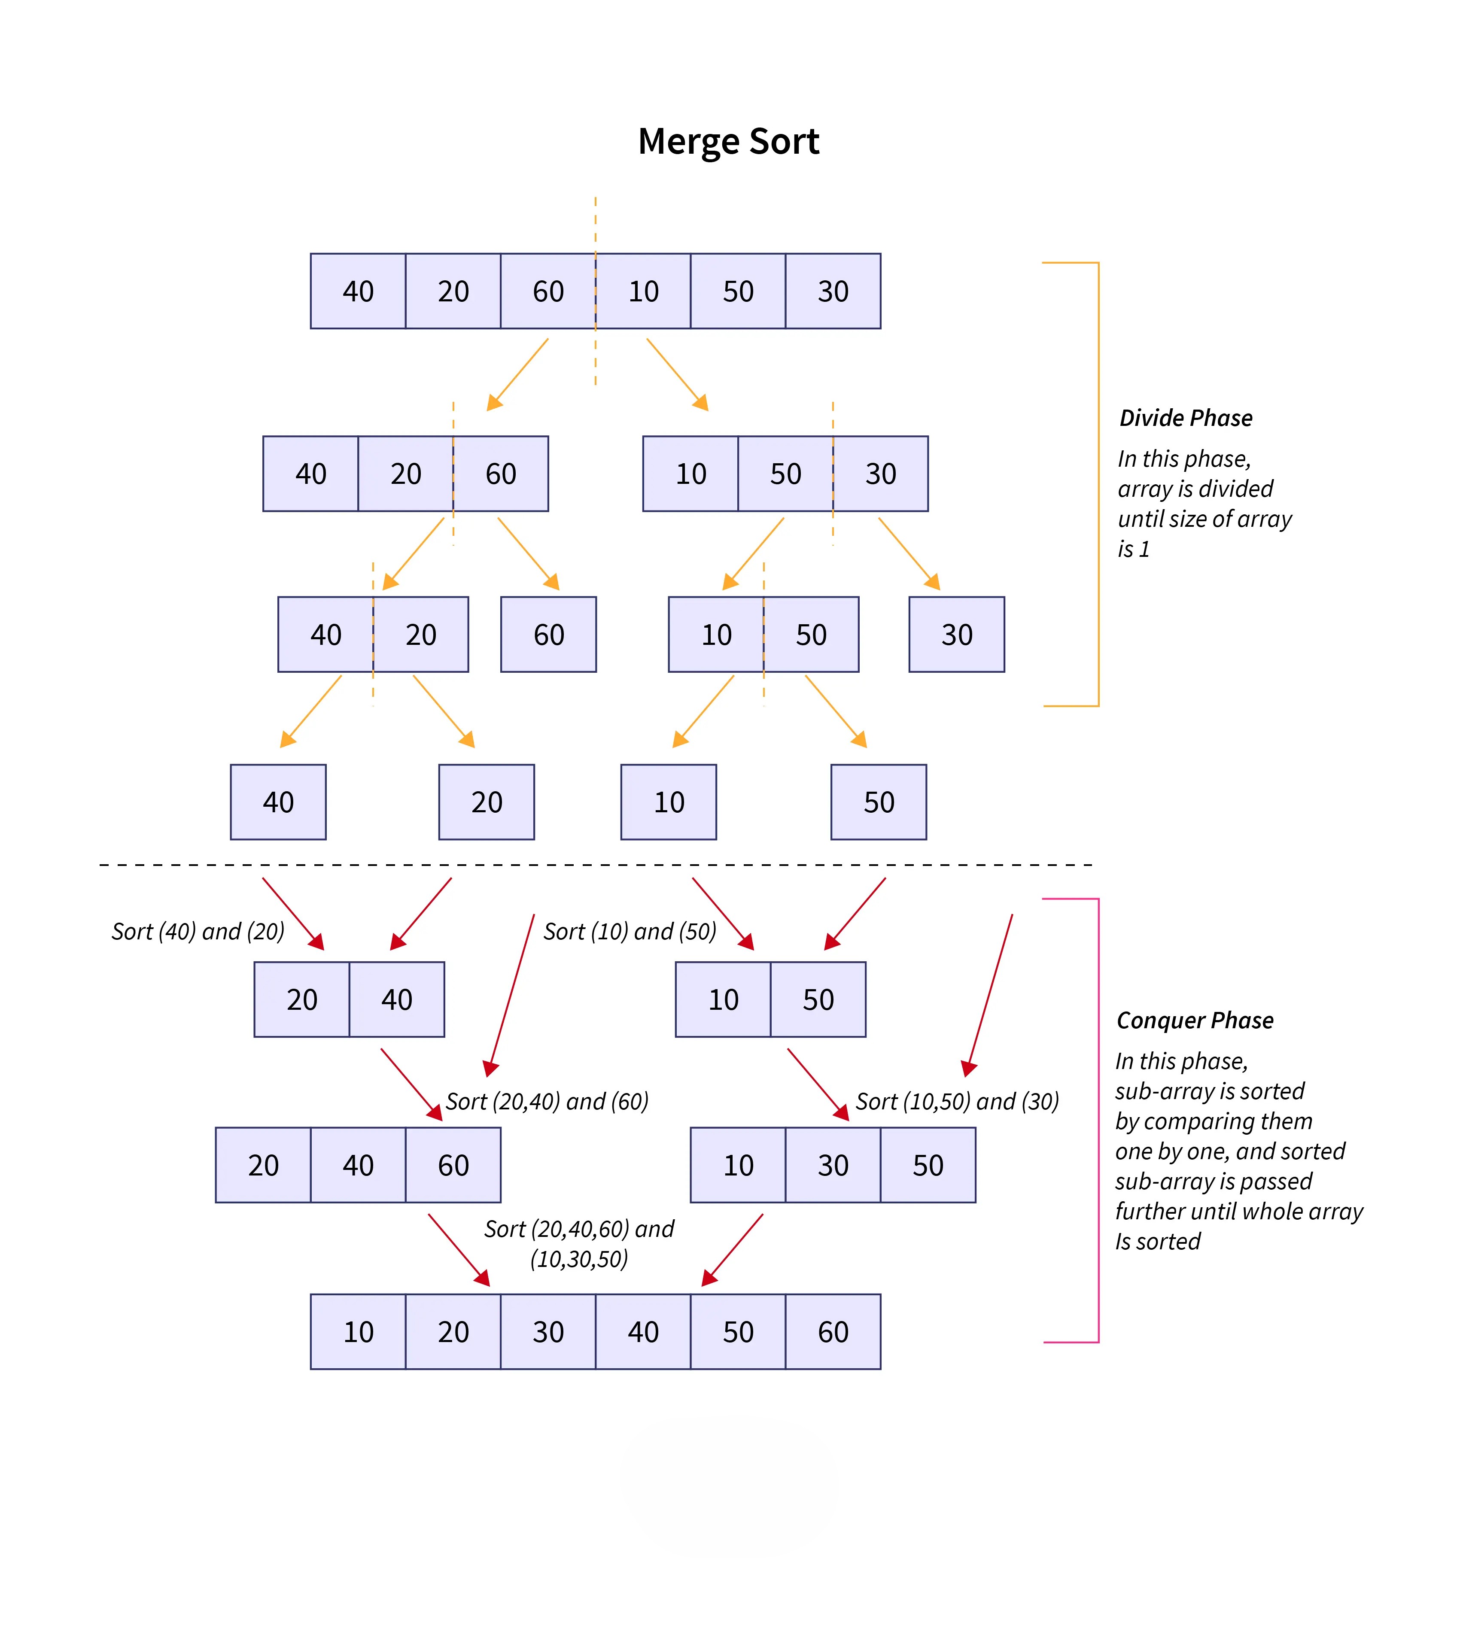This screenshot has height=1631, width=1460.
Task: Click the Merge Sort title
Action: coord(728,142)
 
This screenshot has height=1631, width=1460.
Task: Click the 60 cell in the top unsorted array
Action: coord(548,291)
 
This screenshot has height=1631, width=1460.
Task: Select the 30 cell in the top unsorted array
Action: coord(833,291)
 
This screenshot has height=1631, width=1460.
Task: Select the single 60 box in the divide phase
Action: coord(549,634)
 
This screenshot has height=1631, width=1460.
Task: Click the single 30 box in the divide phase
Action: coord(956,634)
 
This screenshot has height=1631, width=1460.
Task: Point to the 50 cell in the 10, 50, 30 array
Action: coord(785,474)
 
